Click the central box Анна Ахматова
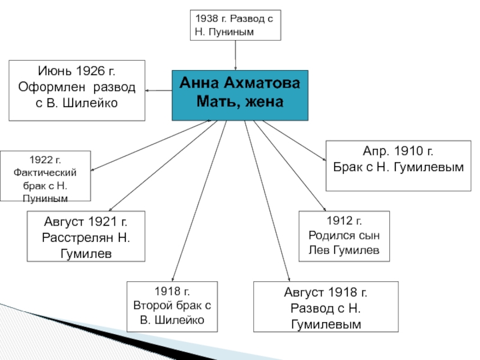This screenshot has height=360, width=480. point(240,95)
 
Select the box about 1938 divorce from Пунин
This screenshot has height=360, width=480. point(235,25)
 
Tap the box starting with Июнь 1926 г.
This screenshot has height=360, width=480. point(77,90)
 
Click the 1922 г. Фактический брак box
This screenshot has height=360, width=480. point(46,176)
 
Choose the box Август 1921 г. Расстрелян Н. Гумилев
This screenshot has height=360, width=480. point(86,236)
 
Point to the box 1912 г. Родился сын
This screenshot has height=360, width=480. point(344,236)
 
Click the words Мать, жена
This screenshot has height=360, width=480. point(240,102)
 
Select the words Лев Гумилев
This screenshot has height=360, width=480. point(344,250)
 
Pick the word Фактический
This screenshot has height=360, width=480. point(46,172)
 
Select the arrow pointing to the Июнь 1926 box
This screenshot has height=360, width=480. point(158,91)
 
